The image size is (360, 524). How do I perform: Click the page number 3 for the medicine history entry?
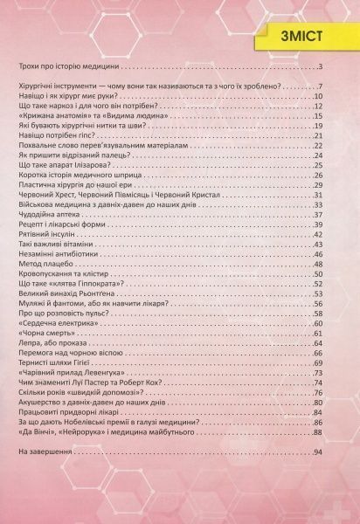pos(322,67)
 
